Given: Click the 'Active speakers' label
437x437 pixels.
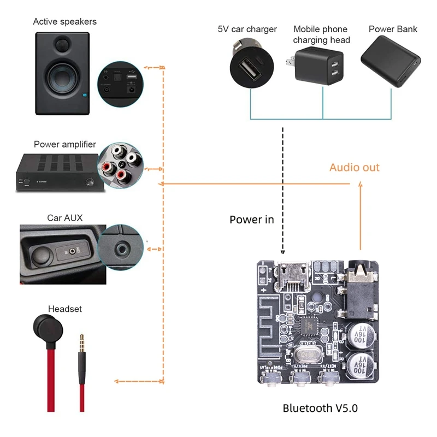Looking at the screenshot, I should (64, 22).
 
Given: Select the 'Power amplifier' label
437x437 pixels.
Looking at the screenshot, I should (64, 145).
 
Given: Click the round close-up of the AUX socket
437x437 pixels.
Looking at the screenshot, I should (121, 248).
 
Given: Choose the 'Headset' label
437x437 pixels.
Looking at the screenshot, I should (64, 309).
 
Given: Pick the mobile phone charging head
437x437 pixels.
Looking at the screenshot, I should (321, 69).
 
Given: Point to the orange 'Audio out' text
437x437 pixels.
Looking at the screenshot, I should (354, 167).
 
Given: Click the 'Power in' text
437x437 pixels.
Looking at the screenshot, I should (251, 220).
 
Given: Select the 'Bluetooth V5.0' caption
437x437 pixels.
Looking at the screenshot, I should (320, 408).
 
